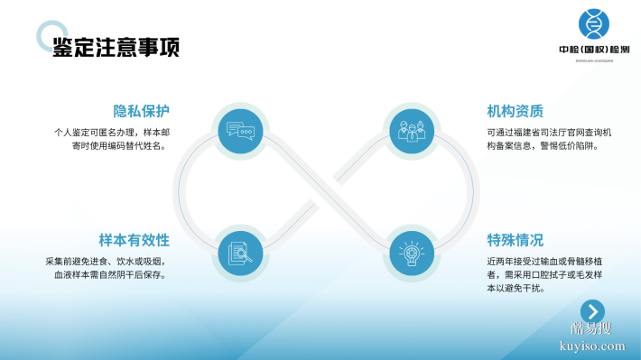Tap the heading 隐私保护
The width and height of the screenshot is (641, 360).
(x=141, y=111)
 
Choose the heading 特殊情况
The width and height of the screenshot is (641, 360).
(x=515, y=240)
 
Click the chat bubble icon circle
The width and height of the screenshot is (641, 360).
(x=240, y=131)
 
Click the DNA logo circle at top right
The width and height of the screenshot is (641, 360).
(x=594, y=23)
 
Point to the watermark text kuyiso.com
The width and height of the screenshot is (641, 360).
(x=592, y=345)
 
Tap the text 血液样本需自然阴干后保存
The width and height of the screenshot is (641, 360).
(x=112, y=274)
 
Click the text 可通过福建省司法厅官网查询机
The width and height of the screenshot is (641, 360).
(x=549, y=132)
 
